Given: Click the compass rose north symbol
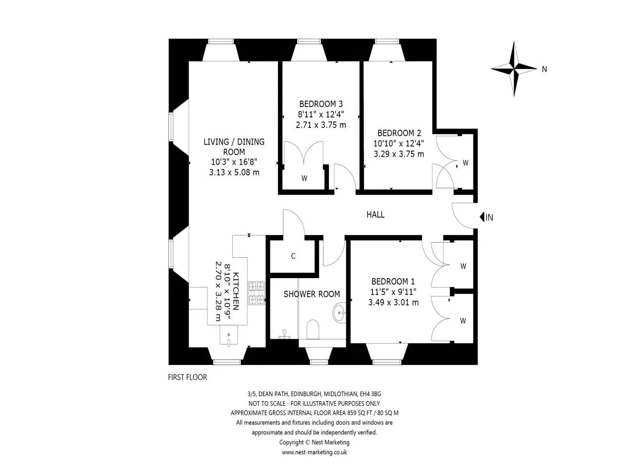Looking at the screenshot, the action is (514, 69).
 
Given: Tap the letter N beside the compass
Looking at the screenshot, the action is (544, 69).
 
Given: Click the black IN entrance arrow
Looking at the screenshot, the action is (482, 217).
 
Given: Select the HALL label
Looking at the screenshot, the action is (375, 214).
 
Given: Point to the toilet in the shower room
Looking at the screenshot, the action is (313, 329).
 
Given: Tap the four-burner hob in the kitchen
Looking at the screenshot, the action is (257, 293).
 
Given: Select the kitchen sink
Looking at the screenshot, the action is (228, 335).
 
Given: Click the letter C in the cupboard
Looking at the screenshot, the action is (293, 256).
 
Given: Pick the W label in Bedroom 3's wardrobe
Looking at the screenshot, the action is (304, 178).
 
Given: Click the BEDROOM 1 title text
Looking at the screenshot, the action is (393, 281).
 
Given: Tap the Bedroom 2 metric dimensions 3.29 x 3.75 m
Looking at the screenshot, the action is (399, 154).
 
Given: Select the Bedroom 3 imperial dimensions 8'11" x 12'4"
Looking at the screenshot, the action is (321, 115).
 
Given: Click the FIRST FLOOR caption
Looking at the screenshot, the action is (187, 377).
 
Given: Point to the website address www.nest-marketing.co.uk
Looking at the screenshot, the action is (314, 452).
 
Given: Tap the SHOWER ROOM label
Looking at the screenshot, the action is (312, 294).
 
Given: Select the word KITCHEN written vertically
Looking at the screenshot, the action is (236, 291).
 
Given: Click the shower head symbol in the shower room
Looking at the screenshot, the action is (284, 334).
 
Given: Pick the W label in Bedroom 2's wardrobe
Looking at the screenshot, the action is (465, 163).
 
